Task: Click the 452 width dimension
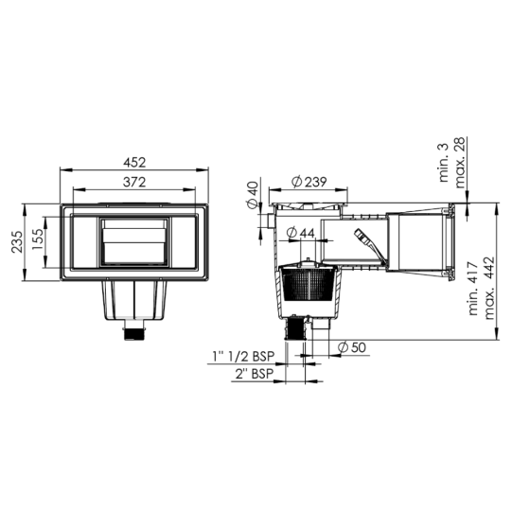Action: click(134, 162)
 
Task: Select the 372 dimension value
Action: click(134, 180)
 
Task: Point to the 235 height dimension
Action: click(15, 245)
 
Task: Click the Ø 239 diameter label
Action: click(310, 182)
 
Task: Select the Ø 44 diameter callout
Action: click(305, 234)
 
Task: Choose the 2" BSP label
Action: click(256, 375)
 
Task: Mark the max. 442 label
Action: click(491, 291)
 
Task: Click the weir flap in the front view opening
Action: click(134, 243)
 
